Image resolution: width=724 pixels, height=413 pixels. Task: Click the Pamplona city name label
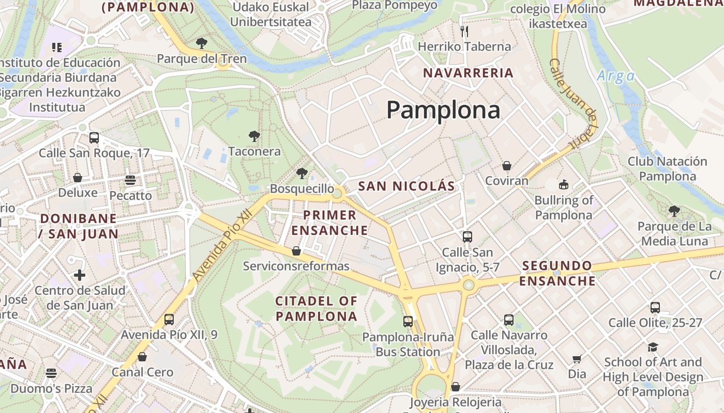[x=443, y=110]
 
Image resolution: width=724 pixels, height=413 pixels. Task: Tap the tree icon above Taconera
[x=254, y=136]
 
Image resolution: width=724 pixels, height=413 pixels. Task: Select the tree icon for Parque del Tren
[x=202, y=43]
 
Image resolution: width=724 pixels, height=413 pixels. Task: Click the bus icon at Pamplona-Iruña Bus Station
[x=408, y=322]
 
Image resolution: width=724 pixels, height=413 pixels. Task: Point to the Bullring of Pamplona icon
[x=563, y=184]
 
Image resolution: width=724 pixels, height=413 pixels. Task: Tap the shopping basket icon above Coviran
[x=506, y=166]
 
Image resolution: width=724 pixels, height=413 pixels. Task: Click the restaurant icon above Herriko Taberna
[x=464, y=31]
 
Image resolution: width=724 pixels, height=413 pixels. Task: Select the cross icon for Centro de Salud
[x=80, y=275]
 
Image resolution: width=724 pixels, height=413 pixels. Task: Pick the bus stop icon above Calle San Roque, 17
[x=94, y=138]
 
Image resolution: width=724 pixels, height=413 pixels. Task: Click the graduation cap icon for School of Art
[x=653, y=347]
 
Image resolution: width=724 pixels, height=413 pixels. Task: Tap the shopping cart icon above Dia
[x=577, y=359]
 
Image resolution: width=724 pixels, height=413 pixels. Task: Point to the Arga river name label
[x=615, y=76]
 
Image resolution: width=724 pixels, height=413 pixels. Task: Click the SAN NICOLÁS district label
[x=406, y=186]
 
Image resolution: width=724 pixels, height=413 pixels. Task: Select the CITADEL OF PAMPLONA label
[x=316, y=308]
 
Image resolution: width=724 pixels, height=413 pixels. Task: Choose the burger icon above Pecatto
[x=130, y=180]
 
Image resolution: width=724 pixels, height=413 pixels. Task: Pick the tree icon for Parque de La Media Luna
[x=673, y=211]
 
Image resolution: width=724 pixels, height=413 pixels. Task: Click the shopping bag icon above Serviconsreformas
[x=296, y=251]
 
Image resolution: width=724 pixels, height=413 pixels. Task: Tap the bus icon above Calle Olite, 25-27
[x=655, y=307]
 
